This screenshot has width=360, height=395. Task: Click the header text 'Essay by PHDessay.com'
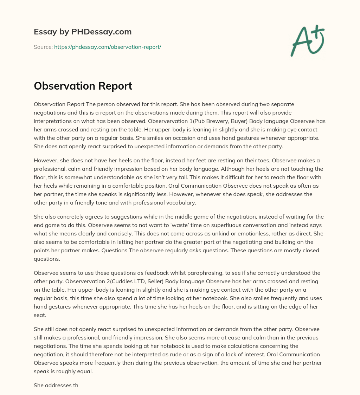click(83, 32)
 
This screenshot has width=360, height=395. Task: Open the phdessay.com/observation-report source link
click(108, 47)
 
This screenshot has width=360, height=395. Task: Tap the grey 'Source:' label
click(43, 47)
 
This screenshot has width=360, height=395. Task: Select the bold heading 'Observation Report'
click(83, 86)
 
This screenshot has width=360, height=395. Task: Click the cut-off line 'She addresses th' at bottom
click(56, 385)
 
